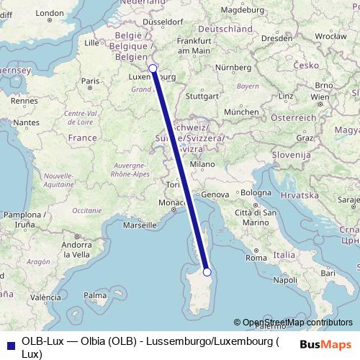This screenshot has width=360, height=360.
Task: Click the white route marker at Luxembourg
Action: (x=153, y=68)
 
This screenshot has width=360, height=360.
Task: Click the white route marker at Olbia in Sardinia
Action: (x=207, y=271)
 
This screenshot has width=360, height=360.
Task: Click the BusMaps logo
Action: (x=326, y=344)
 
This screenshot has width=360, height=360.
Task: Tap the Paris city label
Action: (x=90, y=81)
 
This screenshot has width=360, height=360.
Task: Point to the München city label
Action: (x=241, y=112)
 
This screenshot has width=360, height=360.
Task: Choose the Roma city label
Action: (x=256, y=257)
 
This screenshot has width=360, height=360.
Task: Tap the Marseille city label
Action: (x=140, y=225)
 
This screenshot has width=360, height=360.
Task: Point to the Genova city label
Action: (x=215, y=195)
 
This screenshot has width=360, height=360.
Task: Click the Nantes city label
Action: (x=25, y=123)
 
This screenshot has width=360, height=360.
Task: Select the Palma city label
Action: (x=94, y=295)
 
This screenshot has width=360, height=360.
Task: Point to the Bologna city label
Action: (x=256, y=193)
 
